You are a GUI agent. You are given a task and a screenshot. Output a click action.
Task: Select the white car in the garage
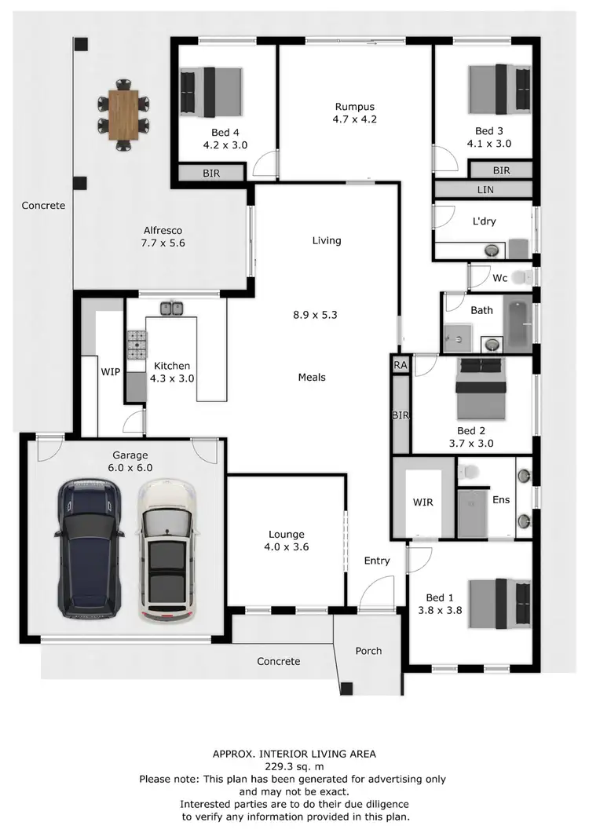(166, 552)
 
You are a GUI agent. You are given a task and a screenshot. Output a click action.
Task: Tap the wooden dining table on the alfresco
(123, 114)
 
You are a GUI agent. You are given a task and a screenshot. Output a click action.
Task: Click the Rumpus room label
(355, 108)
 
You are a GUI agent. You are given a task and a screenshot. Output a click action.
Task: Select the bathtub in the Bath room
(517, 325)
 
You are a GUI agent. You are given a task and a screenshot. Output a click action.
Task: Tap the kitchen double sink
(172, 308)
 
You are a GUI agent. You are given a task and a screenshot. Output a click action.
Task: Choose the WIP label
(111, 371)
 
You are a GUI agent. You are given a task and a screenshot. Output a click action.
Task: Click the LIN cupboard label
(485, 190)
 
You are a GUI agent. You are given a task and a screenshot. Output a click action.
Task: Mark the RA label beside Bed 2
(401, 365)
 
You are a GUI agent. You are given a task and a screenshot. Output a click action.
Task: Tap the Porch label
(368, 651)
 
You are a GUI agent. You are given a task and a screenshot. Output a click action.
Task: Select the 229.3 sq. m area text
(294, 766)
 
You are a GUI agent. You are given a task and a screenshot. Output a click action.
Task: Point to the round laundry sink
(492, 250)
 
